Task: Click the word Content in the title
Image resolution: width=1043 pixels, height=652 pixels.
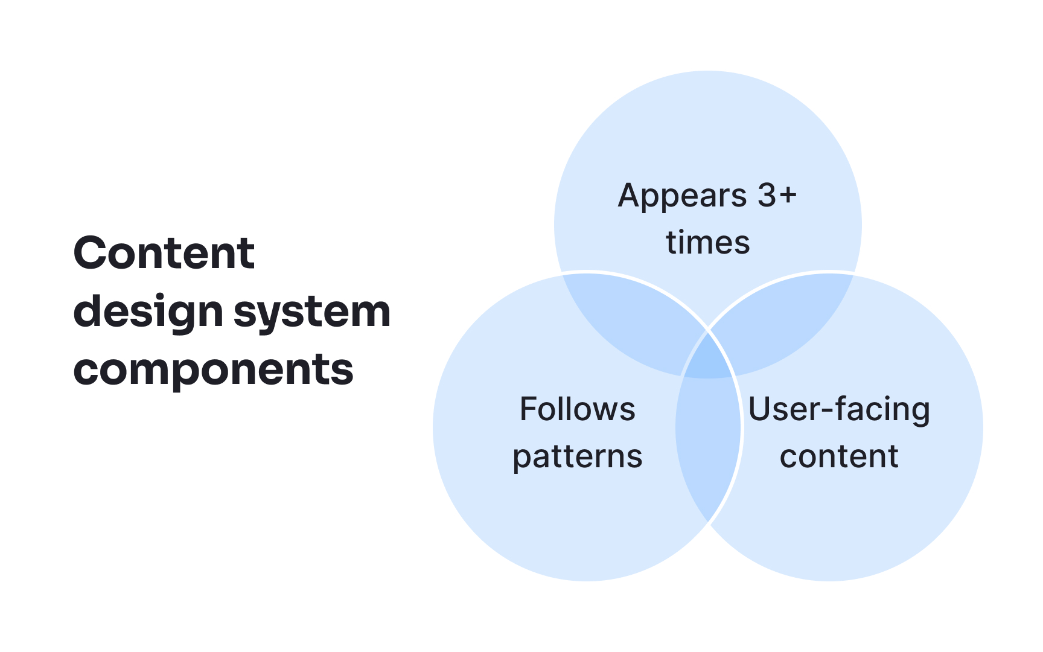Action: click(x=164, y=253)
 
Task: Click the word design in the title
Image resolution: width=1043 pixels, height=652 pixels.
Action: click(x=148, y=312)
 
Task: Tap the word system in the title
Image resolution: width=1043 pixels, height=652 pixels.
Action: click(x=312, y=312)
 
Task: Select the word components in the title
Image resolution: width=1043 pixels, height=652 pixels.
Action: click(x=213, y=370)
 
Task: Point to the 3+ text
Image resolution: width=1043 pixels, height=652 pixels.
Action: click(x=777, y=196)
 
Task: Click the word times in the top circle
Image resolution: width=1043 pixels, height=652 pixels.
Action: click(x=707, y=243)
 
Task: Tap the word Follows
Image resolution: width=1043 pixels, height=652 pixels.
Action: click(x=577, y=409)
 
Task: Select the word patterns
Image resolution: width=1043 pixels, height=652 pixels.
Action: click(x=577, y=456)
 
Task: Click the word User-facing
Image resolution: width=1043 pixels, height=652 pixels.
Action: click(x=839, y=409)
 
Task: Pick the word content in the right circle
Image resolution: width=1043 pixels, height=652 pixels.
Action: click(x=839, y=456)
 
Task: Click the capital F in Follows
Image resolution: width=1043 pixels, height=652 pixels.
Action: click(x=528, y=409)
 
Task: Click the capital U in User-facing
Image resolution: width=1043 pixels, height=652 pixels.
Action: click(x=759, y=409)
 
